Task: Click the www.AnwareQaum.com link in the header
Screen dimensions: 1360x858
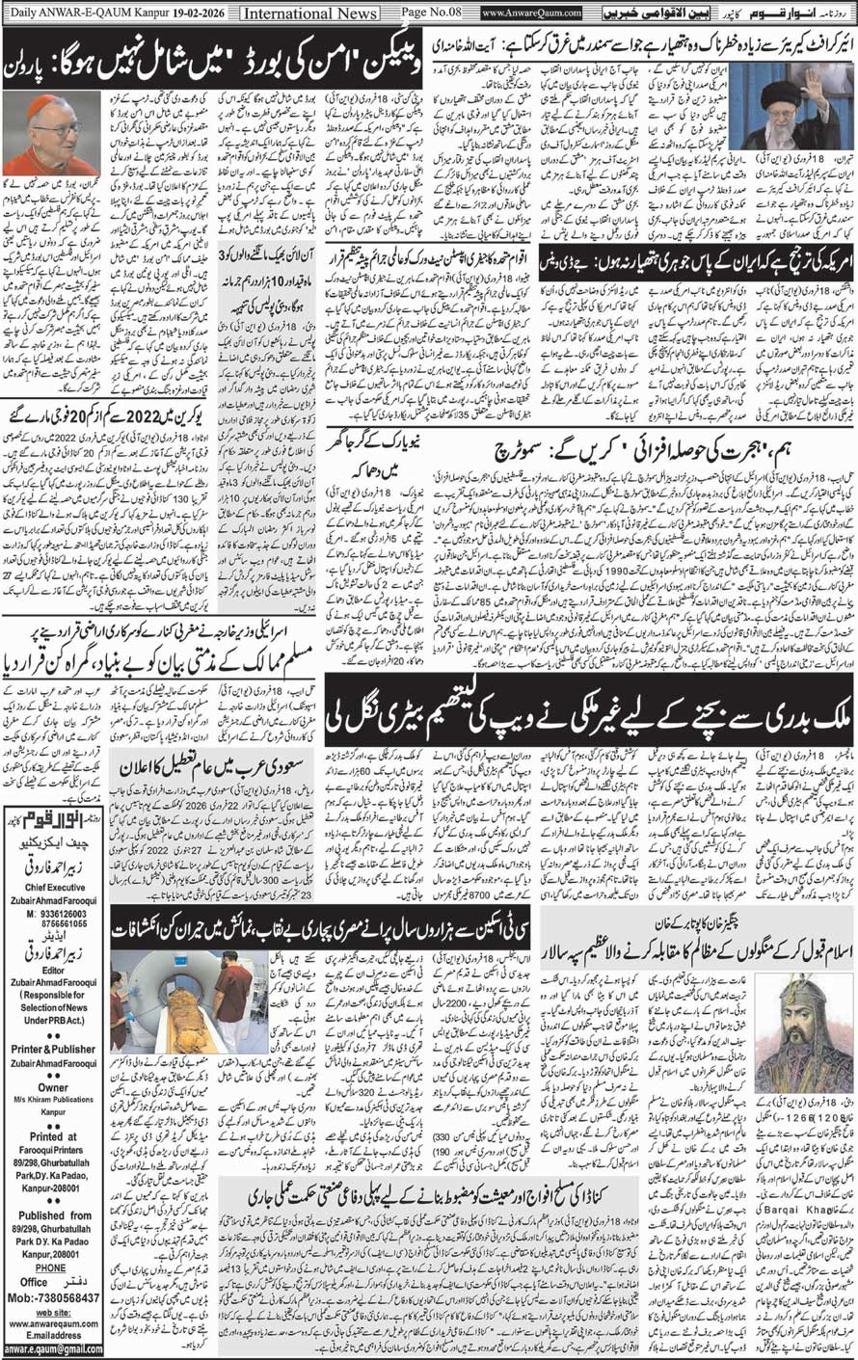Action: [532, 13]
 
